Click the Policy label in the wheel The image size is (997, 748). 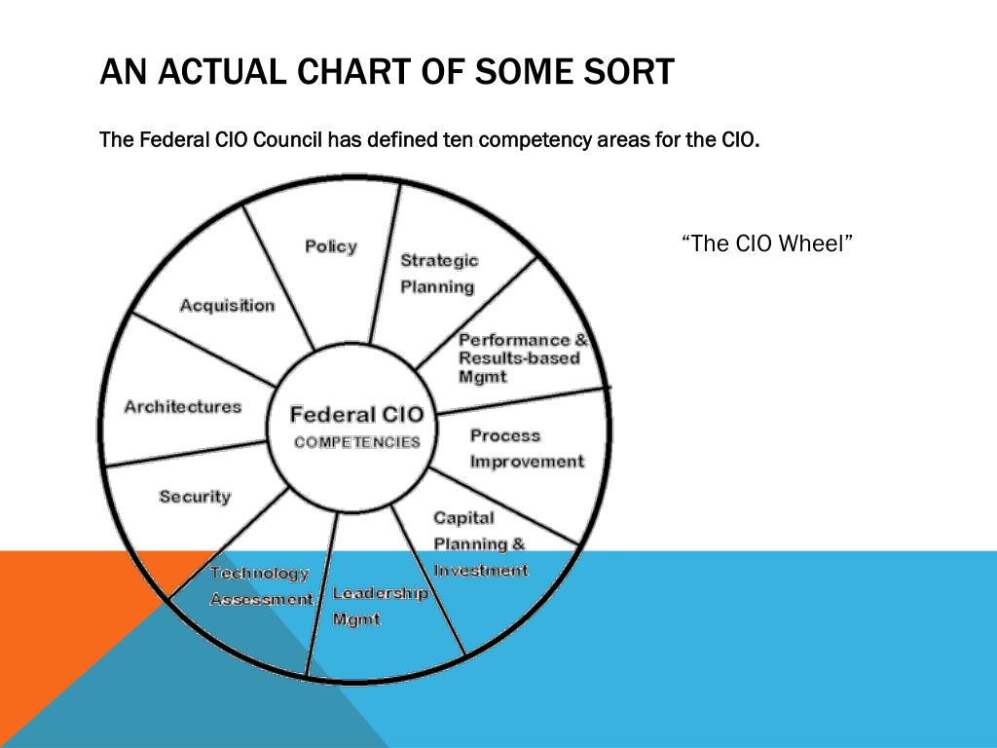click(331, 246)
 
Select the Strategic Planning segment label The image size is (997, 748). click(439, 274)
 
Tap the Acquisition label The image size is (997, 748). click(227, 306)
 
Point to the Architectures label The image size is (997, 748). click(182, 407)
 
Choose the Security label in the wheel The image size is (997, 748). click(195, 497)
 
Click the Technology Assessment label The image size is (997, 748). click(261, 586)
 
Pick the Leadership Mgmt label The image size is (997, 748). click(380, 606)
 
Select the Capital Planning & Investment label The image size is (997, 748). click(480, 544)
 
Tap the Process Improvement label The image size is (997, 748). click(527, 449)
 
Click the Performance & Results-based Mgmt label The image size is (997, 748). click(523, 358)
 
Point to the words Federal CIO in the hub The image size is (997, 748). click(356, 415)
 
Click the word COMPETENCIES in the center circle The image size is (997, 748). click(357, 442)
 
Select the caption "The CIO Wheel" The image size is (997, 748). click(767, 243)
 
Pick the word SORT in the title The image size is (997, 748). click(627, 71)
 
